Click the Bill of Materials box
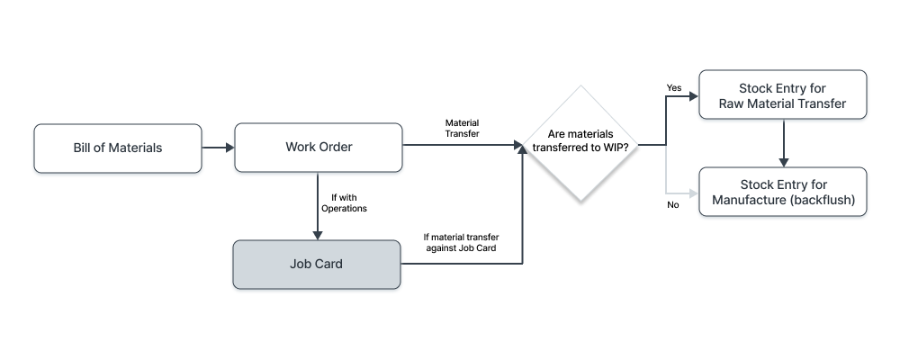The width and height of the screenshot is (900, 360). pyautogui.click(x=118, y=148)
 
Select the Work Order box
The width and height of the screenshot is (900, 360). pyautogui.click(x=319, y=148)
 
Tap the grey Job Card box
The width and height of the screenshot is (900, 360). pyautogui.click(x=317, y=265)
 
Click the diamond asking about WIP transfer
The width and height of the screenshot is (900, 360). pyautogui.click(x=580, y=144)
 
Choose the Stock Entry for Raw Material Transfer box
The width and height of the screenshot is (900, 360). pyautogui.click(x=782, y=95)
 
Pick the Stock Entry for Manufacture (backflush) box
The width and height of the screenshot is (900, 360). pyautogui.click(x=782, y=192)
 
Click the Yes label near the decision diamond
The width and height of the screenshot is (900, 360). pyautogui.click(x=673, y=88)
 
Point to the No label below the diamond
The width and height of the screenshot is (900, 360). pyautogui.click(x=672, y=205)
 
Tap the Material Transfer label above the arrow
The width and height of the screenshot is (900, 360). pyautogui.click(x=463, y=127)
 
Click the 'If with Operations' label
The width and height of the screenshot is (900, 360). pyautogui.click(x=345, y=202)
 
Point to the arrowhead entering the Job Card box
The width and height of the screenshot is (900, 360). pyautogui.click(x=319, y=234)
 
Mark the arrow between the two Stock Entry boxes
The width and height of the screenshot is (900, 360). pyautogui.click(x=784, y=143)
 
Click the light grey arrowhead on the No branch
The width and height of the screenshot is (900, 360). pyautogui.click(x=693, y=192)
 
